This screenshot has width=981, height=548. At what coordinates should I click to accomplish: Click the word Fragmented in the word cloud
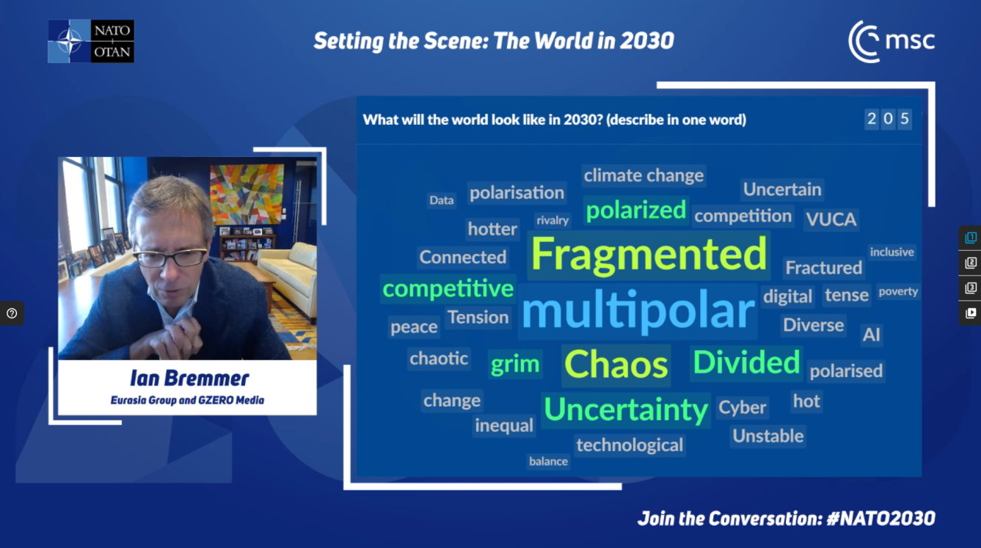pyautogui.click(x=649, y=255)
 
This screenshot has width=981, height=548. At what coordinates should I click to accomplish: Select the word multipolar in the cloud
pyautogui.click(x=638, y=310)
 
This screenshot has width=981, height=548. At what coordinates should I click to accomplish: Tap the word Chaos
pyautogui.click(x=616, y=365)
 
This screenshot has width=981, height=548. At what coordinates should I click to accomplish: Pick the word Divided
pyautogui.click(x=746, y=362)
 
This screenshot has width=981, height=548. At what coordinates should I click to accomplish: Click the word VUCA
pyautogui.click(x=831, y=219)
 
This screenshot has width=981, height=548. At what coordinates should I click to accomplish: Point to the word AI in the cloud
pyautogui.click(x=871, y=335)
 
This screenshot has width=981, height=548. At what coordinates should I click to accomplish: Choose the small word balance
pyautogui.click(x=548, y=461)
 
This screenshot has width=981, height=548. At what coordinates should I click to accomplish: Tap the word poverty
pyautogui.click(x=898, y=292)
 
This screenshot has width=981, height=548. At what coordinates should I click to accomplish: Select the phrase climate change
pyautogui.click(x=643, y=175)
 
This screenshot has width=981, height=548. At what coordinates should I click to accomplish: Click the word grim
pyautogui.click(x=514, y=364)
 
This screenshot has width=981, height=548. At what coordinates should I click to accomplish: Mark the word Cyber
pyautogui.click(x=742, y=408)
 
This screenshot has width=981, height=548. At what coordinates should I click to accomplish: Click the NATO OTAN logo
pyautogui.click(x=91, y=41)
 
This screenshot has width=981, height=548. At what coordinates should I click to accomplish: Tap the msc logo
pyautogui.click(x=891, y=42)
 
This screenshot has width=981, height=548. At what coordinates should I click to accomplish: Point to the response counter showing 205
pyautogui.click(x=888, y=119)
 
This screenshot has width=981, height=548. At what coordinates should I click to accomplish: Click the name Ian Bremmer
pyautogui.click(x=189, y=379)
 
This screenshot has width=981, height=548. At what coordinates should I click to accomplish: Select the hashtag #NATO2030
pyautogui.click(x=880, y=519)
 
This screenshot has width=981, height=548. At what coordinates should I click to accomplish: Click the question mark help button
pyautogui.click(x=12, y=313)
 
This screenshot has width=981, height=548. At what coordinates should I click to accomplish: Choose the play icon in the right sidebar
pyautogui.click(x=971, y=313)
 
